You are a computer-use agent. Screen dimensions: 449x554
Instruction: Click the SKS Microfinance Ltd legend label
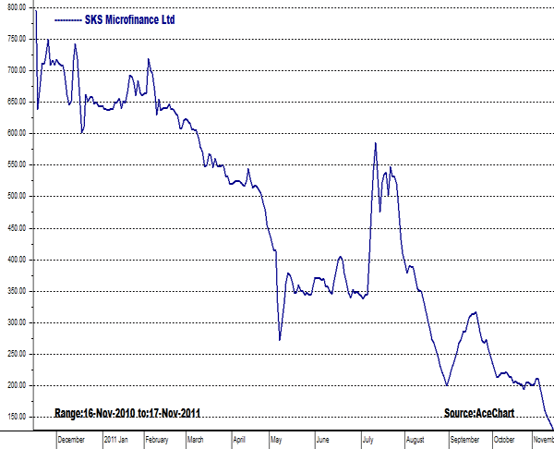pyautogui.click(x=129, y=19)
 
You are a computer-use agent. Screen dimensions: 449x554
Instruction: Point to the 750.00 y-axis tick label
pyautogui.click(x=16, y=39)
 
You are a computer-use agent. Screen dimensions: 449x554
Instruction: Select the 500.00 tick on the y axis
pyautogui.click(x=16, y=197)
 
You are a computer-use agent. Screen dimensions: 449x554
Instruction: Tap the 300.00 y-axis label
pyautogui.click(x=16, y=322)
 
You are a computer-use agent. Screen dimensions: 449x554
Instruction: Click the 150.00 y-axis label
pyautogui.click(x=16, y=418)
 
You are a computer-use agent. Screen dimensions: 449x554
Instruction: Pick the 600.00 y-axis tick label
pyautogui.click(x=16, y=133)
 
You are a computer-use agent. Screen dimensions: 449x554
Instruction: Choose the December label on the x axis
pyautogui.click(x=71, y=440)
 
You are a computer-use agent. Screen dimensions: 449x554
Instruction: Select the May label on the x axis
pyautogui.click(x=279, y=440)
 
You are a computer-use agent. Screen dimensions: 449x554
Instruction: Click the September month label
pyautogui.click(x=464, y=440)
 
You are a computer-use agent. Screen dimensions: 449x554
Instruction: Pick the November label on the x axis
pyautogui.click(x=543, y=440)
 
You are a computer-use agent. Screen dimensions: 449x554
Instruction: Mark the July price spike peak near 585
pyautogui.click(x=375, y=143)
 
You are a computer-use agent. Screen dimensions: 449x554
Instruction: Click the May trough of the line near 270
pyautogui.click(x=280, y=339)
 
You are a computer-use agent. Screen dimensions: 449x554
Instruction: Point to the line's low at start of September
pyautogui.click(x=447, y=385)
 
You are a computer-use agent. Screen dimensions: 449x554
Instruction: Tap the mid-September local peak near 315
pyautogui.click(x=476, y=312)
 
